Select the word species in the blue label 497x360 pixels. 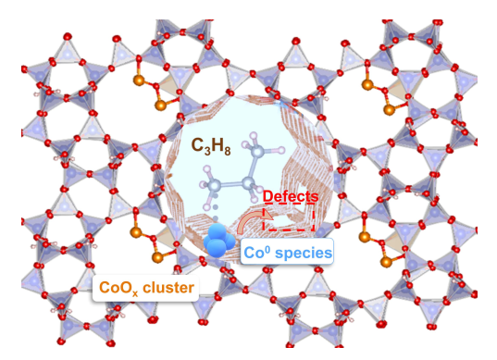[x=307, y=251]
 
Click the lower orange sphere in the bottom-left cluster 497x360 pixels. [x=143, y=248]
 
